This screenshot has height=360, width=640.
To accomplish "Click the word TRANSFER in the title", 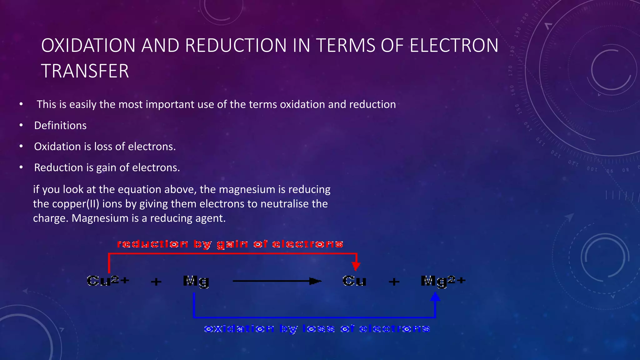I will (85, 71).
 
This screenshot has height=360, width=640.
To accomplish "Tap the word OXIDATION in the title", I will (88, 45).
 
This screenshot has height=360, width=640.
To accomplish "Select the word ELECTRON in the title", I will (454, 45).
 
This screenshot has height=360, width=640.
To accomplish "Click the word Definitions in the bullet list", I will (60, 126).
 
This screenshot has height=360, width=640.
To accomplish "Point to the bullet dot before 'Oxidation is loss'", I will (21, 146).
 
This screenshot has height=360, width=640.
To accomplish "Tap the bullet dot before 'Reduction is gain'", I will (21, 167).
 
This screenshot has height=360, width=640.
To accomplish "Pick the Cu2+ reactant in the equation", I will (108, 281).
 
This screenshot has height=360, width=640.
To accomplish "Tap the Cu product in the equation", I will (354, 281).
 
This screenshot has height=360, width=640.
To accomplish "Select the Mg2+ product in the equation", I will (443, 281).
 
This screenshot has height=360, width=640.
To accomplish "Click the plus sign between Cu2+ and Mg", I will (156, 282).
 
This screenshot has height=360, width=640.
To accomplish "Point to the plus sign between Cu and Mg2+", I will (394, 282).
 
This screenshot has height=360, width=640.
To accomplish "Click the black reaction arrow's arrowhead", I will (315, 281).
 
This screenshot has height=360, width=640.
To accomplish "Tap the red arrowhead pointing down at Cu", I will (356, 266).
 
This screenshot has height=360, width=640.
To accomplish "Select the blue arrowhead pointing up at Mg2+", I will (435, 297).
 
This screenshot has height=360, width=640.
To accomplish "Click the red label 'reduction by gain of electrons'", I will (230, 244).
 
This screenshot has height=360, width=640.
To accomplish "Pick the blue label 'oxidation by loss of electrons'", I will (317, 329).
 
